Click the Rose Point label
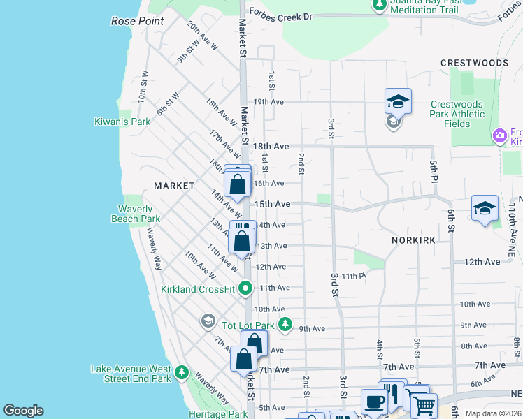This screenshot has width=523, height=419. click(138, 22)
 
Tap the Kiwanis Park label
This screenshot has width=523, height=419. click(122, 122)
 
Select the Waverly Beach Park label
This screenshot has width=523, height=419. click(136, 214)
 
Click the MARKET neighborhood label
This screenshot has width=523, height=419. click(174, 186)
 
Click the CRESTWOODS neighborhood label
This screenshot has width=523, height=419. click(474, 63)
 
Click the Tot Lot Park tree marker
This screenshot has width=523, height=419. click(285, 325)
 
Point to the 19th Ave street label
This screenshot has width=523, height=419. click(268, 101)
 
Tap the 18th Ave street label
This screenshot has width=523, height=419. click(271, 147)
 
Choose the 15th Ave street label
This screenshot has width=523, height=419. click(272, 204)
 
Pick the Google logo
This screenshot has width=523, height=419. click(23, 411)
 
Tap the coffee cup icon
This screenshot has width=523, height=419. click(374, 402)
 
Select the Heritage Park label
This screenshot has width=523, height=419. click(228, 414)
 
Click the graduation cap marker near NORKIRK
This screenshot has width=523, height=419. click(485, 208)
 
